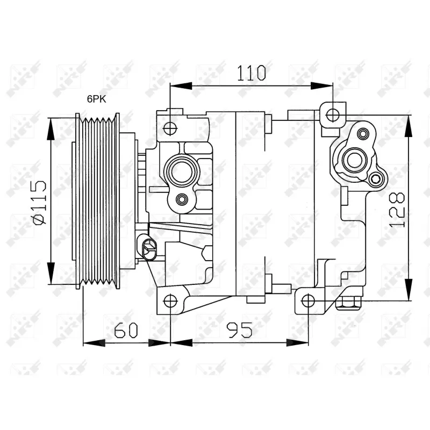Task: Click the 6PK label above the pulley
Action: tap(97, 99)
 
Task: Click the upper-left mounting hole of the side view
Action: tap(170, 128)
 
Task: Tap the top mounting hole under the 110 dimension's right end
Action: tap(333, 114)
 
